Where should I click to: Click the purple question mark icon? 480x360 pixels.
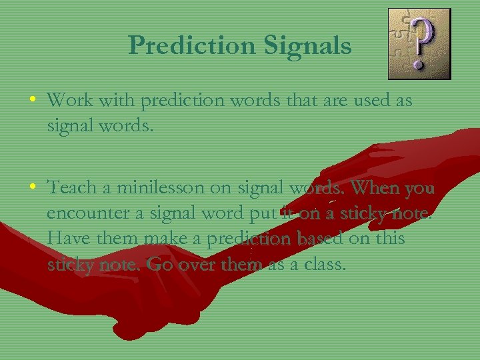pyautogui.click(x=419, y=43)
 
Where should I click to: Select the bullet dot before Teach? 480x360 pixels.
pyautogui.click(x=33, y=189)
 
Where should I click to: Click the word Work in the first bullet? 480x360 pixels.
pyautogui.click(x=70, y=101)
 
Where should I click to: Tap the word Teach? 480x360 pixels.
pyautogui.click(x=71, y=188)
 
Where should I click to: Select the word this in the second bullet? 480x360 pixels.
pyautogui.click(x=387, y=239)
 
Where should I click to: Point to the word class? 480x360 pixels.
pyautogui.click(x=324, y=265)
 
